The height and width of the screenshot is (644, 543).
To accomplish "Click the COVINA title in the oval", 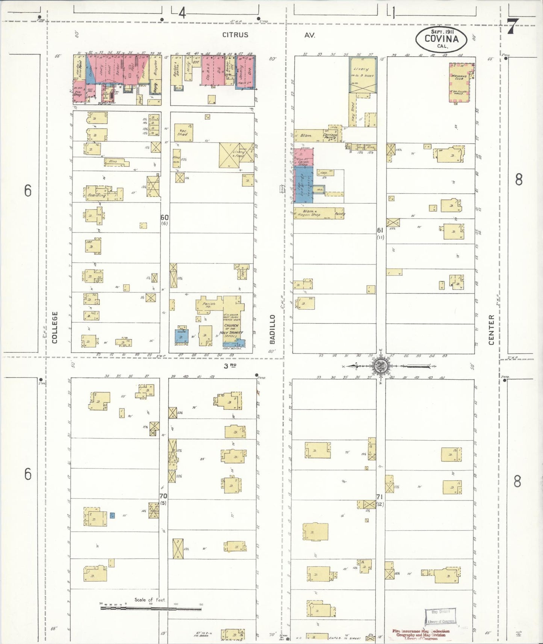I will [x=441, y=38].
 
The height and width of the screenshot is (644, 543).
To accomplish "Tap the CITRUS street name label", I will [x=235, y=35].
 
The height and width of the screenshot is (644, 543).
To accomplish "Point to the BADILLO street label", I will [x=272, y=329].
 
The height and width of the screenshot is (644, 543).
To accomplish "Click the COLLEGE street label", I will [x=55, y=327].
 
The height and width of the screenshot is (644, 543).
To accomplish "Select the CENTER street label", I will [x=492, y=330].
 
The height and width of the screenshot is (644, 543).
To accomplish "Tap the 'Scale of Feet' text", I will [x=150, y=600].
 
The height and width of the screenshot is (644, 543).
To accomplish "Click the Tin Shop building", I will [x=78, y=93].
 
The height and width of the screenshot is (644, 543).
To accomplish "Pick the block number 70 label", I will [x=163, y=496].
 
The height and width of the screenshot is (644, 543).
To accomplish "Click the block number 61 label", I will [x=380, y=230].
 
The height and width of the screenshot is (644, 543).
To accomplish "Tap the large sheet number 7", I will [x=512, y=26].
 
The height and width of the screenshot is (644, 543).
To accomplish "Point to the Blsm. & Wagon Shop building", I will [x=313, y=213].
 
